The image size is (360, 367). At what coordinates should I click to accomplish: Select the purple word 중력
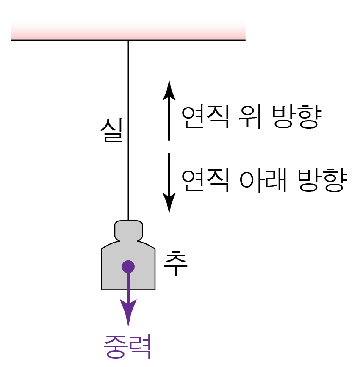pyautogui.click(x=127, y=347)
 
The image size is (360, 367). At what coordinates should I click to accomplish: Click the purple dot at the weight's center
pyautogui.click(x=128, y=267)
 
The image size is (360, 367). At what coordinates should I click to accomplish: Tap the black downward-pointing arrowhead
pyautogui.click(x=169, y=203)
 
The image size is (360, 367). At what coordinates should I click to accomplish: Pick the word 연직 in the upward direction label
pyautogui.click(x=205, y=117)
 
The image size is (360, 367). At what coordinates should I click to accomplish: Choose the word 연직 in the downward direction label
pyautogui.click(x=205, y=181)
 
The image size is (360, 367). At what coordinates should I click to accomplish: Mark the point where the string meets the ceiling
pyautogui.click(x=128, y=40)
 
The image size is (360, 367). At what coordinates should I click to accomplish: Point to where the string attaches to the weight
pyautogui.click(x=128, y=221)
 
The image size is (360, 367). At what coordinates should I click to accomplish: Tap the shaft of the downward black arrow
pyautogui.click(x=169, y=174)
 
